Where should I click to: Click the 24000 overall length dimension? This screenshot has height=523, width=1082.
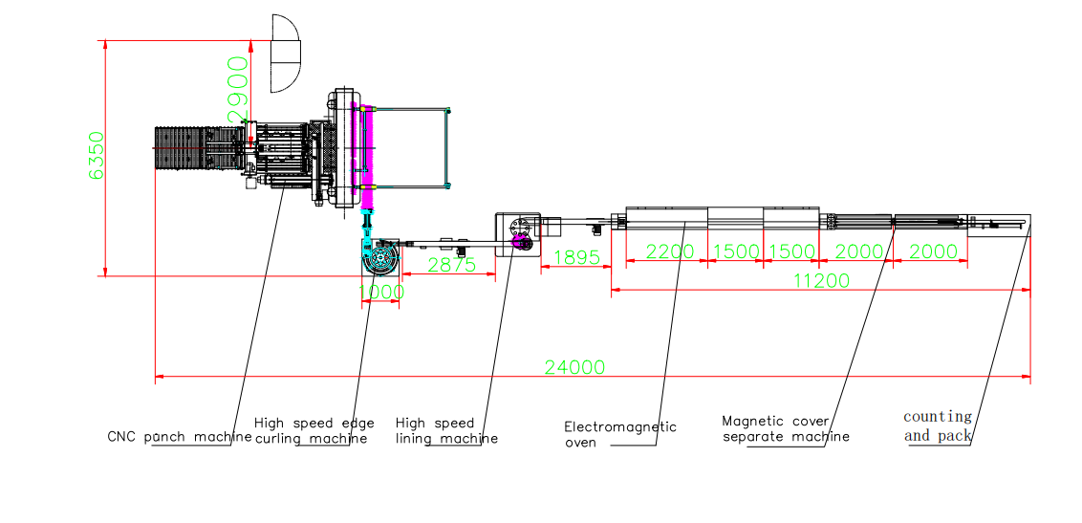(x=574, y=366)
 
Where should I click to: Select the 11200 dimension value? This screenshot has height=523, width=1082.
(x=820, y=280)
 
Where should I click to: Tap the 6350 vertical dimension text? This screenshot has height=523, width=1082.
(x=96, y=156)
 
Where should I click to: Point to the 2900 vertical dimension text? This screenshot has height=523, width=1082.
(x=237, y=88)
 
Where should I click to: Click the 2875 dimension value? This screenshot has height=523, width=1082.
(x=451, y=266)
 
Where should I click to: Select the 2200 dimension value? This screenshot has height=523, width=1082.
(x=668, y=252)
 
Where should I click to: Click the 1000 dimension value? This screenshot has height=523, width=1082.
(x=381, y=294)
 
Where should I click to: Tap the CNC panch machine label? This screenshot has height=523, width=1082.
(x=179, y=437)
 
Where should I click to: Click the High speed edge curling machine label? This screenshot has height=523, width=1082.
(x=314, y=430)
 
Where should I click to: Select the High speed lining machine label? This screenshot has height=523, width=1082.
(x=446, y=430)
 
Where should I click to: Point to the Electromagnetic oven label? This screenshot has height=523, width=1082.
(x=619, y=434)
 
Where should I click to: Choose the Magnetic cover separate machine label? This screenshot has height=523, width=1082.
(x=786, y=428)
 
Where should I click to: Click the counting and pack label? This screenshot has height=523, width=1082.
(x=938, y=425)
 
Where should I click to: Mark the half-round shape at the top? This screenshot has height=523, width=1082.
(x=286, y=54)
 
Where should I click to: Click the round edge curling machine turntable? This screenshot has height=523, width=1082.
(x=380, y=259)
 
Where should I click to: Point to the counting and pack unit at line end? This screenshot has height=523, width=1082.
(x=998, y=225)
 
